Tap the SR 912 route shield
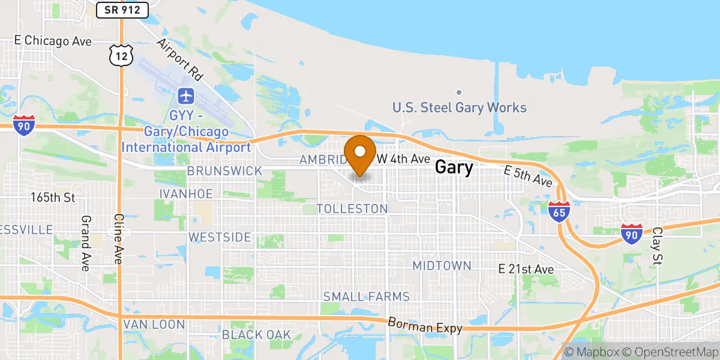[x=122, y=9]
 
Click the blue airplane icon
[x=186, y=95]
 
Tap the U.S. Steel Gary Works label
[x=460, y=108]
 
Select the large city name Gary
[x=454, y=167]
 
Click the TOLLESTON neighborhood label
[x=352, y=209]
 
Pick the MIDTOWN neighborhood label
[x=442, y=265]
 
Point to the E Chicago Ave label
[x=53, y=41]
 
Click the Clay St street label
[x=658, y=246]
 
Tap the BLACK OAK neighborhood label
[x=256, y=335]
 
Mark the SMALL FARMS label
[x=367, y=296]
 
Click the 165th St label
[x=53, y=197]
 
